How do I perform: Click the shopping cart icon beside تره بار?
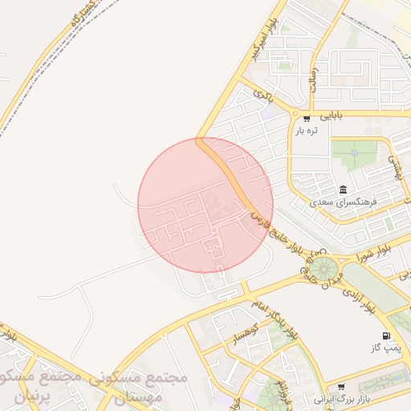coord(306,118)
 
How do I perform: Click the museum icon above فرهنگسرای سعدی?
coord(343,189)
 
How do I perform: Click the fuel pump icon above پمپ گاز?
coord(387,336)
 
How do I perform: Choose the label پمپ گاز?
coord(385,348)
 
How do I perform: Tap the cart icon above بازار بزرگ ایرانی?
coord(341,386)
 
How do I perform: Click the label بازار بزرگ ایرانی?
coord(340,398)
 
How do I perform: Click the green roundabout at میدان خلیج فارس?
coord(324,267)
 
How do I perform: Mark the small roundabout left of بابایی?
coord(295,115)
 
